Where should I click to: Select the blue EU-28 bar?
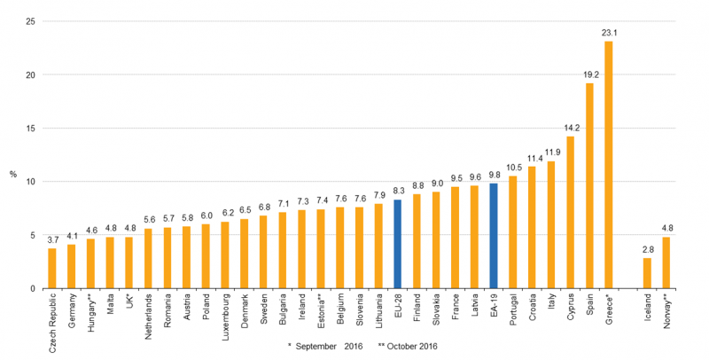[398, 244]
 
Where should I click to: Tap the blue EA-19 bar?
[494, 236]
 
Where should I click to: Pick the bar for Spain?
[589, 185]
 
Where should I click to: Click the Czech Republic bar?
[52, 269]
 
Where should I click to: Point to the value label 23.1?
[610, 33]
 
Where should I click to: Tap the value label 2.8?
[647, 249]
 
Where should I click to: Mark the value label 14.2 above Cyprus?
[570, 128]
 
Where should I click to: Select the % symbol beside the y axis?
[12, 174]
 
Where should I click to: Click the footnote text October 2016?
[409, 345]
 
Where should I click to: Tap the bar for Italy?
[551, 225]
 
